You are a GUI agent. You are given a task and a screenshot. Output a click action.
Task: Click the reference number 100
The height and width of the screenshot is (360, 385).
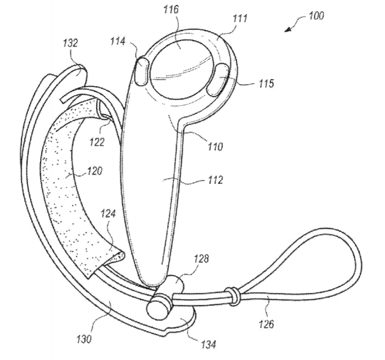(x=316, y=15)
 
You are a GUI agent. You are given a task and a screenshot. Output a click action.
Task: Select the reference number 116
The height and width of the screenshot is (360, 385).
(x=171, y=10)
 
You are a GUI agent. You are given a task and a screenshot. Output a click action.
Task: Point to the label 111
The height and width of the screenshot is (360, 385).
(x=240, y=18)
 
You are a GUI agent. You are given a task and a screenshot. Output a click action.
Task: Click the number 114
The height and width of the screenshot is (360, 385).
(x=117, y=41)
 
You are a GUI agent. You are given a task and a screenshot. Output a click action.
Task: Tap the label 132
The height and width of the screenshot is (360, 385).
(x=70, y=43)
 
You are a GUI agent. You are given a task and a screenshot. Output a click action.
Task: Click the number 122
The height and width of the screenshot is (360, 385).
(x=97, y=142)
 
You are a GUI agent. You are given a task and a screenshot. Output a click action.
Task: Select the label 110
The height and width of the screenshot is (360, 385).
(x=215, y=147)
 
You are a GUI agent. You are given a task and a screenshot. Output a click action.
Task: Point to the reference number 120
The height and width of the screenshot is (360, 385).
(x=94, y=171)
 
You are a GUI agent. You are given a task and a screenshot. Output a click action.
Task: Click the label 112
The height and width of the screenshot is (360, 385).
(x=215, y=180)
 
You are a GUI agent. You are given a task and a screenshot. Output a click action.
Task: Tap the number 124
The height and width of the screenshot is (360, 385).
(x=108, y=214)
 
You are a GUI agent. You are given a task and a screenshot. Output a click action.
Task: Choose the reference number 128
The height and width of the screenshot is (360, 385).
(x=201, y=258)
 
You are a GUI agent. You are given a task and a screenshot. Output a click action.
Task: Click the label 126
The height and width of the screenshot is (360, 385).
(x=266, y=324)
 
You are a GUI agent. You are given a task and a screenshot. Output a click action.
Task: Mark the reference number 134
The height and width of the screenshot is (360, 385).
(x=209, y=344)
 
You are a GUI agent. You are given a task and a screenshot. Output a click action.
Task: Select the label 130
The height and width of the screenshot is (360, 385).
(x=84, y=339)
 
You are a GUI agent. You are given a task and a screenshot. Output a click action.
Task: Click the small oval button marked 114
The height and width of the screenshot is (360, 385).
(x=141, y=71)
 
